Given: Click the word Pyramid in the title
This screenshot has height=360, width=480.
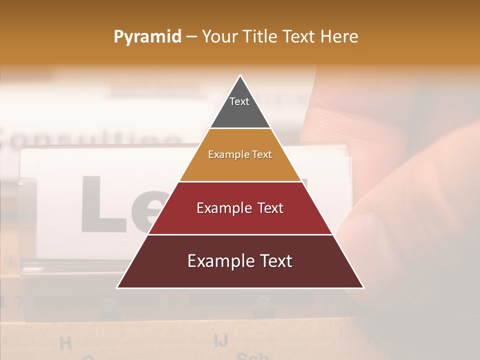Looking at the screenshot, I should pyautogui.click(x=147, y=37).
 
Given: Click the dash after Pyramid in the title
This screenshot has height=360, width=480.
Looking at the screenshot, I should pyautogui.click(x=191, y=37).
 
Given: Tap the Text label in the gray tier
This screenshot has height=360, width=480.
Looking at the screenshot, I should pyautogui.click(x=239, y=101).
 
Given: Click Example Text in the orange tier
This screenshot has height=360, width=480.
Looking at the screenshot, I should pyautogui.click(x=240, y=154).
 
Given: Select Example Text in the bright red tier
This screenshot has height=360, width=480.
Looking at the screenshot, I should pyautogui.click(x=240, y=208).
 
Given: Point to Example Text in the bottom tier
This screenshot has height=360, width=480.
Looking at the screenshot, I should pyautogui.click(x=240, y=261).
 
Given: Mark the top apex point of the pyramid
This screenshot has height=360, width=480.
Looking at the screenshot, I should pyautogui.click(x=240, y=75).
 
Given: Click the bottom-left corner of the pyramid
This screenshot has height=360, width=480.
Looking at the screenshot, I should pyautogui.click(x=117, y=287).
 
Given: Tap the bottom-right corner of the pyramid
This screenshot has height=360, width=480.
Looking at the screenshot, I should pyautogui.click(x=363, y=287).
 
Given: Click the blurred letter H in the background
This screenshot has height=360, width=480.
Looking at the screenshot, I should pyautogui.click(x=65, y=343).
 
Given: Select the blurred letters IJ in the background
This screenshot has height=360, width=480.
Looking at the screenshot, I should pyautogui.click(x=221, y=340).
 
